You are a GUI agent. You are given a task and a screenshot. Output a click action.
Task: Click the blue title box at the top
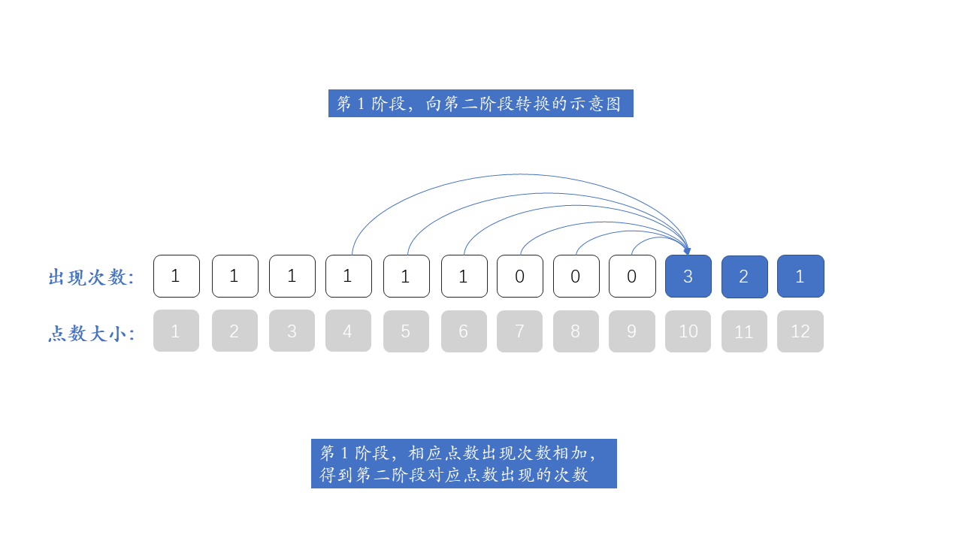tap(480, 104)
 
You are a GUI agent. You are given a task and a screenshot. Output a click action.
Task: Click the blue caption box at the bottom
tap(464, 464)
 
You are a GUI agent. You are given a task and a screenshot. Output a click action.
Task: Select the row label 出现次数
tap(91, 277)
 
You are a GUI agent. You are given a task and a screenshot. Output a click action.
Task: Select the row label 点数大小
tap(91, 334)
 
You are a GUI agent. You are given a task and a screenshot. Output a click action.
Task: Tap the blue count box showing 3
tap(688, 277)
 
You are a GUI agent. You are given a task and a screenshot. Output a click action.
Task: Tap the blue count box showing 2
tap(744, 277)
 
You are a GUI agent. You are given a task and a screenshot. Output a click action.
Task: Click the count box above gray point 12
tap(800, 277)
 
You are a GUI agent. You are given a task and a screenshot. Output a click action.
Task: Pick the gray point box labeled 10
tap(688, 331)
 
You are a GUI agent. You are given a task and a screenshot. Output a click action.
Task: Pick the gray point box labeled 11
tap(744, 331)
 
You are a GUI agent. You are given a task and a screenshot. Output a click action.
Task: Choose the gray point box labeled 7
tap(519, 331)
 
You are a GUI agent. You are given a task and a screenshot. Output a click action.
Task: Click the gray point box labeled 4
tap(348, 331)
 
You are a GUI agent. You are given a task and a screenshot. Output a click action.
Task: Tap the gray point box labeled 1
tap(176, 331)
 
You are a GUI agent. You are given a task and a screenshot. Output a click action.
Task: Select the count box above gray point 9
tap(631, 277)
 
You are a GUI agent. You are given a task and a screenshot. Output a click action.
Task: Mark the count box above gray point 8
tap(576, 277)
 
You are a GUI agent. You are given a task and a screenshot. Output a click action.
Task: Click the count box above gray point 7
tap(519, 277)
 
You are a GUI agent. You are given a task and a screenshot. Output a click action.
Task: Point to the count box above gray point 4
tap(348, 277)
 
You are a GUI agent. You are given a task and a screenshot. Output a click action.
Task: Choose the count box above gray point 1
tap(176, 277)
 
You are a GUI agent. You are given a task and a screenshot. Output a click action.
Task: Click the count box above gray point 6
tap(464, 277)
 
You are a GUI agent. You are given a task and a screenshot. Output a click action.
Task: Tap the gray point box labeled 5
tap(406, 331)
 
